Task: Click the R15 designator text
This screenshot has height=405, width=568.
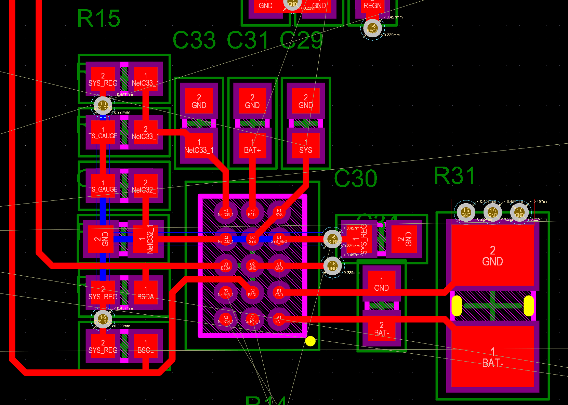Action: tap(99, 18)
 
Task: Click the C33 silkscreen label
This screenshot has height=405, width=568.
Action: tap(194, 40)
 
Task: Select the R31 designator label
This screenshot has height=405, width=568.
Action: tap(455, 176)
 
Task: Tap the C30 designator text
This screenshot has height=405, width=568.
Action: tap(356, 179)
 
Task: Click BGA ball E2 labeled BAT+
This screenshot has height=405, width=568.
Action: tap(252, 212)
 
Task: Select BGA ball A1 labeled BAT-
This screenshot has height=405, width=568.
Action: tap(279, 319)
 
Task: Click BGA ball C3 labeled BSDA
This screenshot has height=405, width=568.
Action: tap(225, 266)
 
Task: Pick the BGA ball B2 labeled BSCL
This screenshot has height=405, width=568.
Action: tap(252, 292)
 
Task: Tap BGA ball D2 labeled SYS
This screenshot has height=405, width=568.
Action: tap(252, 239)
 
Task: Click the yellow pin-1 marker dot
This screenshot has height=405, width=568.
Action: tap(310, 341)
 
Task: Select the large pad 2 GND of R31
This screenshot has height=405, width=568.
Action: tap(492, 256)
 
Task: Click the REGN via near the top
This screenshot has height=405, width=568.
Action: tap(372, 28)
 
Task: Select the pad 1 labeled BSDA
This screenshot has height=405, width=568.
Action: tap(145, 293)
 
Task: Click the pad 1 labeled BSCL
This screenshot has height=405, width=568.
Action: tap(145, 346)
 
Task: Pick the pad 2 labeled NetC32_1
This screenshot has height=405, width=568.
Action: tap(145, 186)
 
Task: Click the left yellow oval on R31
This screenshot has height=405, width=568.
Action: tap(457, 305)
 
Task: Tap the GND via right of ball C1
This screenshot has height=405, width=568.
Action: tap(332, 266)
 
